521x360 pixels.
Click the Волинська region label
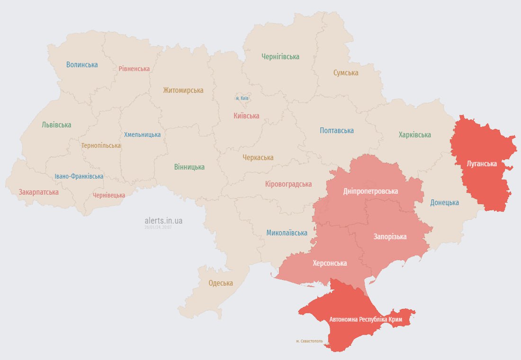pos(82,64)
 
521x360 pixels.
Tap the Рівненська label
pos(134,69)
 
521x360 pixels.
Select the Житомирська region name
pos(183,90)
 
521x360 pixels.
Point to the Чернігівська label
pos(280,56)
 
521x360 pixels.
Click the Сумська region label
pos(345,72)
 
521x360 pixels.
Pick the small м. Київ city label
pos(242,98)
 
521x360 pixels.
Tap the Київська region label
pos(246,116)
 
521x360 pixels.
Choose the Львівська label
pos(56,125)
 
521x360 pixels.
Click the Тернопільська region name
pos(101,145)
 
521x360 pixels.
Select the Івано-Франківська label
pos(79,176)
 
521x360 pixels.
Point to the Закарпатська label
pos(39,192)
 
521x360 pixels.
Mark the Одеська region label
pos(221,283)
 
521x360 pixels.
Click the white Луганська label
pos(482,163)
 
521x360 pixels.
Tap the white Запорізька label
pos(390,236)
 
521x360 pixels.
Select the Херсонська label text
pos(329,263)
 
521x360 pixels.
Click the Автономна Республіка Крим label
pos(366,320)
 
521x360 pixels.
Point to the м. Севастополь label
pos(309,341)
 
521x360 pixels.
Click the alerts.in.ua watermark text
pos(163,220)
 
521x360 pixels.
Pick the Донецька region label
pos(444,202)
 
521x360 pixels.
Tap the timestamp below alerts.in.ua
pos(158,227)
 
